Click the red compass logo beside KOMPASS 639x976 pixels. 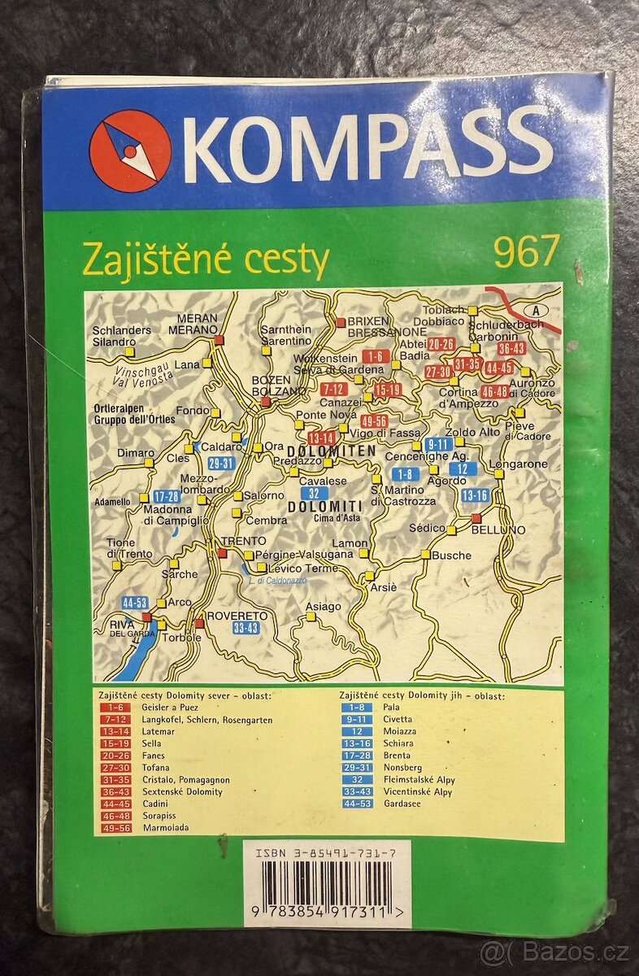[x=130, y=151]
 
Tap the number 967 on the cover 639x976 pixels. [x=526, y=251]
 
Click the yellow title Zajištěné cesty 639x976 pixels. [x=205, y=260]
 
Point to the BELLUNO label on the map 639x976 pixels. [x=498, y=529]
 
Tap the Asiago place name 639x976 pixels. [x=323, y=606]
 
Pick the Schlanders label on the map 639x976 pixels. [x=122, y=330]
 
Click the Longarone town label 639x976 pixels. [x=519, y=464]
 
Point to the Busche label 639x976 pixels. [x=451, y=556]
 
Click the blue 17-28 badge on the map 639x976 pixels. [x=166, y=496]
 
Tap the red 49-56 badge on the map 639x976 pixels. [x=375, y=420]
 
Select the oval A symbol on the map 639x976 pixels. [x=536, y=310]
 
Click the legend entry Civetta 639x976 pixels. [x=397, y=719]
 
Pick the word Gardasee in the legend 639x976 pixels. [x=401, y=804]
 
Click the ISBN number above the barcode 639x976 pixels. [x=325, y=854]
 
